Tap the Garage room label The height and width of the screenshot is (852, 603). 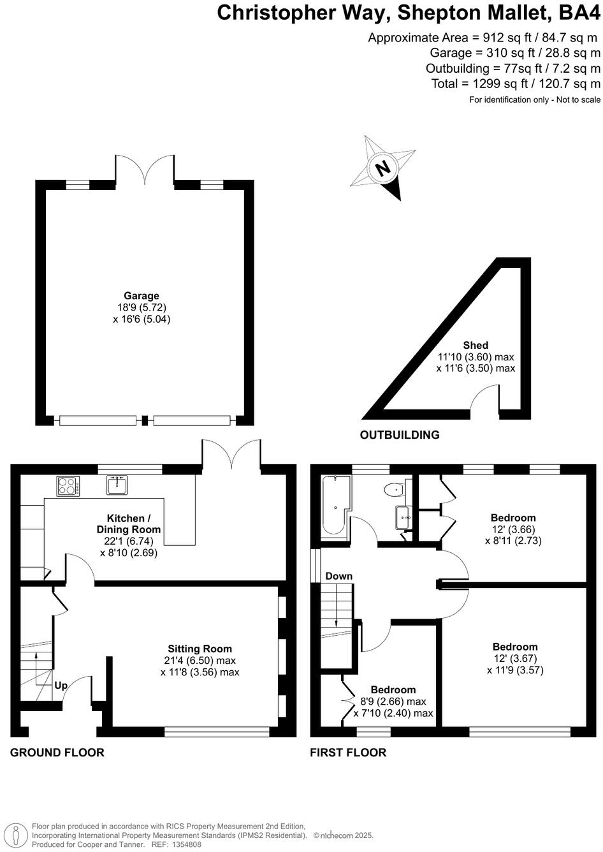[x=142, y=295]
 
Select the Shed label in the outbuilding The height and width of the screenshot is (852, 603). [x=476, y=345]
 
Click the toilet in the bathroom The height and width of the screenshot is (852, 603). [x=395, y=490]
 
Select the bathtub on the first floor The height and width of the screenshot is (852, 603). [x=335, y=504]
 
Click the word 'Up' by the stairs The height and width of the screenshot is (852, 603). [x=61, y=686]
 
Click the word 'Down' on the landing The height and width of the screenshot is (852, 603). [x=338, y=576]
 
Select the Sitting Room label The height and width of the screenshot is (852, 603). [x=200, y=649]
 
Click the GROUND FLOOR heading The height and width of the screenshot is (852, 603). [x=57, y=753]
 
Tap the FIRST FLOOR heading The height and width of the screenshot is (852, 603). [x=348, y=753]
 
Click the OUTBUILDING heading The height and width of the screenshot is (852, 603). [x=400, y=435]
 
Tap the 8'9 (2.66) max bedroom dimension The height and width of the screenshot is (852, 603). [x=393, y=701]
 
